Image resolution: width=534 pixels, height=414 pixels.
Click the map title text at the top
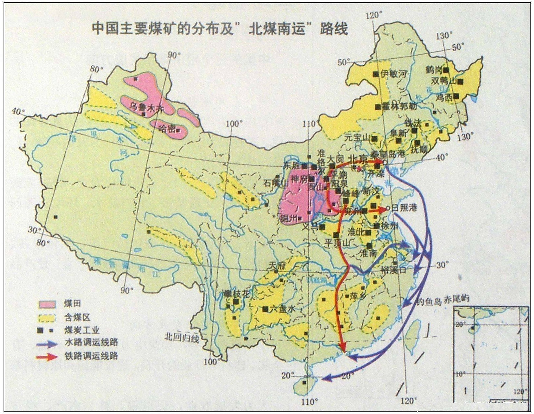point(220,29)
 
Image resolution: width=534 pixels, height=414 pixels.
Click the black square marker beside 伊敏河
point(376,74)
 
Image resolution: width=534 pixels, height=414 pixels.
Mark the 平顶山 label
point(337,242)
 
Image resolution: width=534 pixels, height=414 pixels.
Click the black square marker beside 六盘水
point(266,309)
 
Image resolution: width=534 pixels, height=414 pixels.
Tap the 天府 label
point(277,266)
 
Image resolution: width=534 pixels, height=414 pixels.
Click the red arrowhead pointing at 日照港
point(382,209)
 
